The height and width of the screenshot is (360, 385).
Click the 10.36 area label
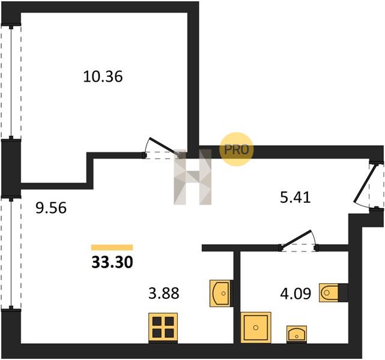(103, 76)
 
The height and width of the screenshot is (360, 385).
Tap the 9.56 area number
(51, 208)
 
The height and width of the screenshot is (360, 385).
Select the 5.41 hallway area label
(296, 197)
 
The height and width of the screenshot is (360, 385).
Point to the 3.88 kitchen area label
(164, 293)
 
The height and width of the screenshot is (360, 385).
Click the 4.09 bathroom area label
(296, 293)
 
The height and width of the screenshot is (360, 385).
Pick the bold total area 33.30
(112, 262)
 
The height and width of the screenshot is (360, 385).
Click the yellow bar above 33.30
(112, 247)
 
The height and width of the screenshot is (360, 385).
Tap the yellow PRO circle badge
(236, 149)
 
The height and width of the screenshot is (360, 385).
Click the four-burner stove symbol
(163, 327)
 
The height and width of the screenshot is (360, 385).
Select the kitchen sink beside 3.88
(220, 293)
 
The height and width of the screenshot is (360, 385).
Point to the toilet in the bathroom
(329, 293)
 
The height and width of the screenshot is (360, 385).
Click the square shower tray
(256, 328)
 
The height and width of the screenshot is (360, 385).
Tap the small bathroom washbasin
(297, 334)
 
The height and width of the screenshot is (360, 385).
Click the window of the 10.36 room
(11, 82)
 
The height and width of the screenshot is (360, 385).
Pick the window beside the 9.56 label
(11, 254)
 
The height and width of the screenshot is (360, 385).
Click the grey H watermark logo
(192, 176)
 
